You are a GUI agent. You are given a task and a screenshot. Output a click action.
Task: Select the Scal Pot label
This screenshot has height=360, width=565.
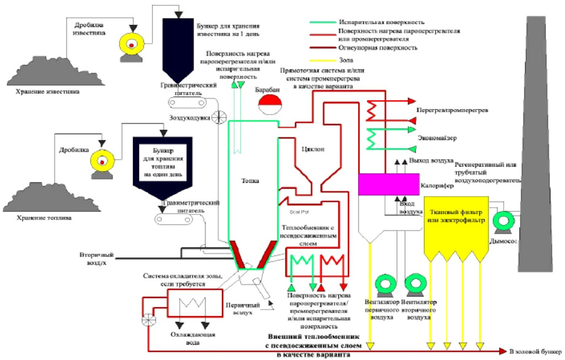tap(298, 211)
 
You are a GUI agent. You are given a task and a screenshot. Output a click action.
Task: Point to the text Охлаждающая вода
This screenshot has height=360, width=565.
tap(191, 338)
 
